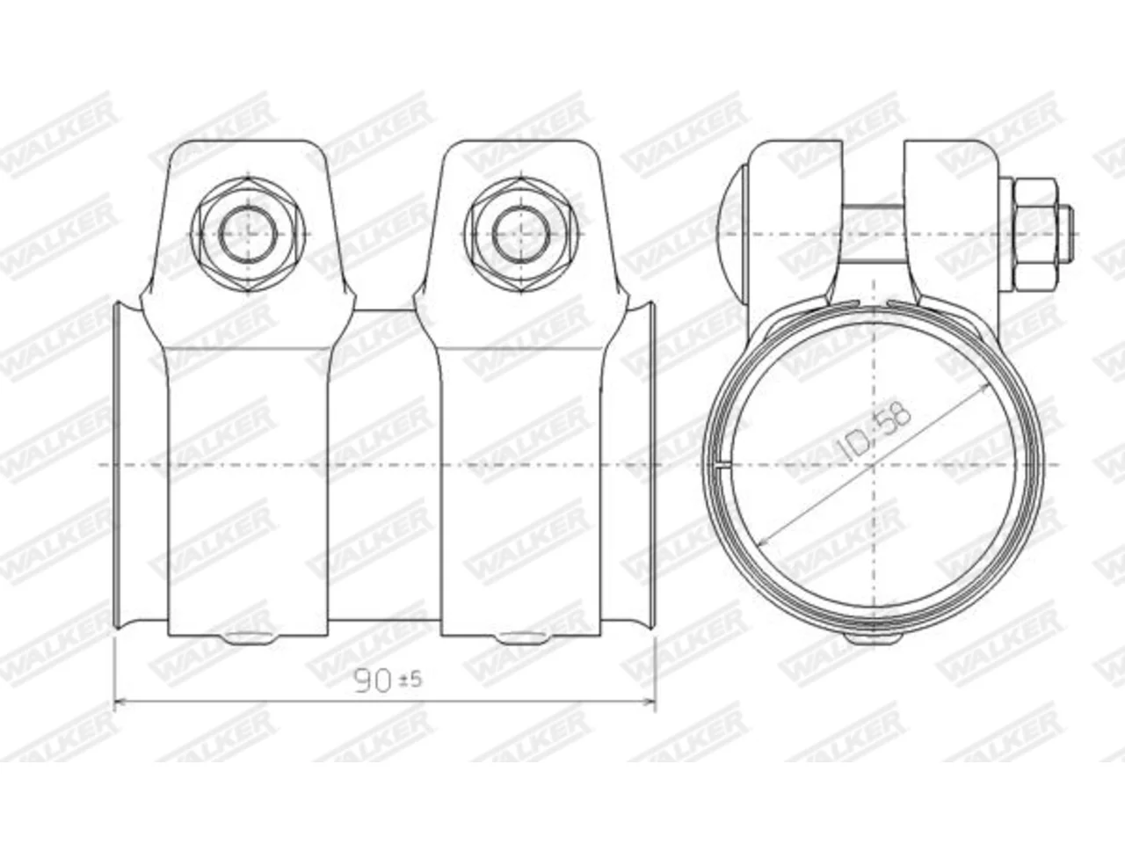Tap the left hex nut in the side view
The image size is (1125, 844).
(249, 236)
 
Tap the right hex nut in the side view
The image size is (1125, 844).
(522, 236)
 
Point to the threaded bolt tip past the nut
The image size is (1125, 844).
(1065, 233)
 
